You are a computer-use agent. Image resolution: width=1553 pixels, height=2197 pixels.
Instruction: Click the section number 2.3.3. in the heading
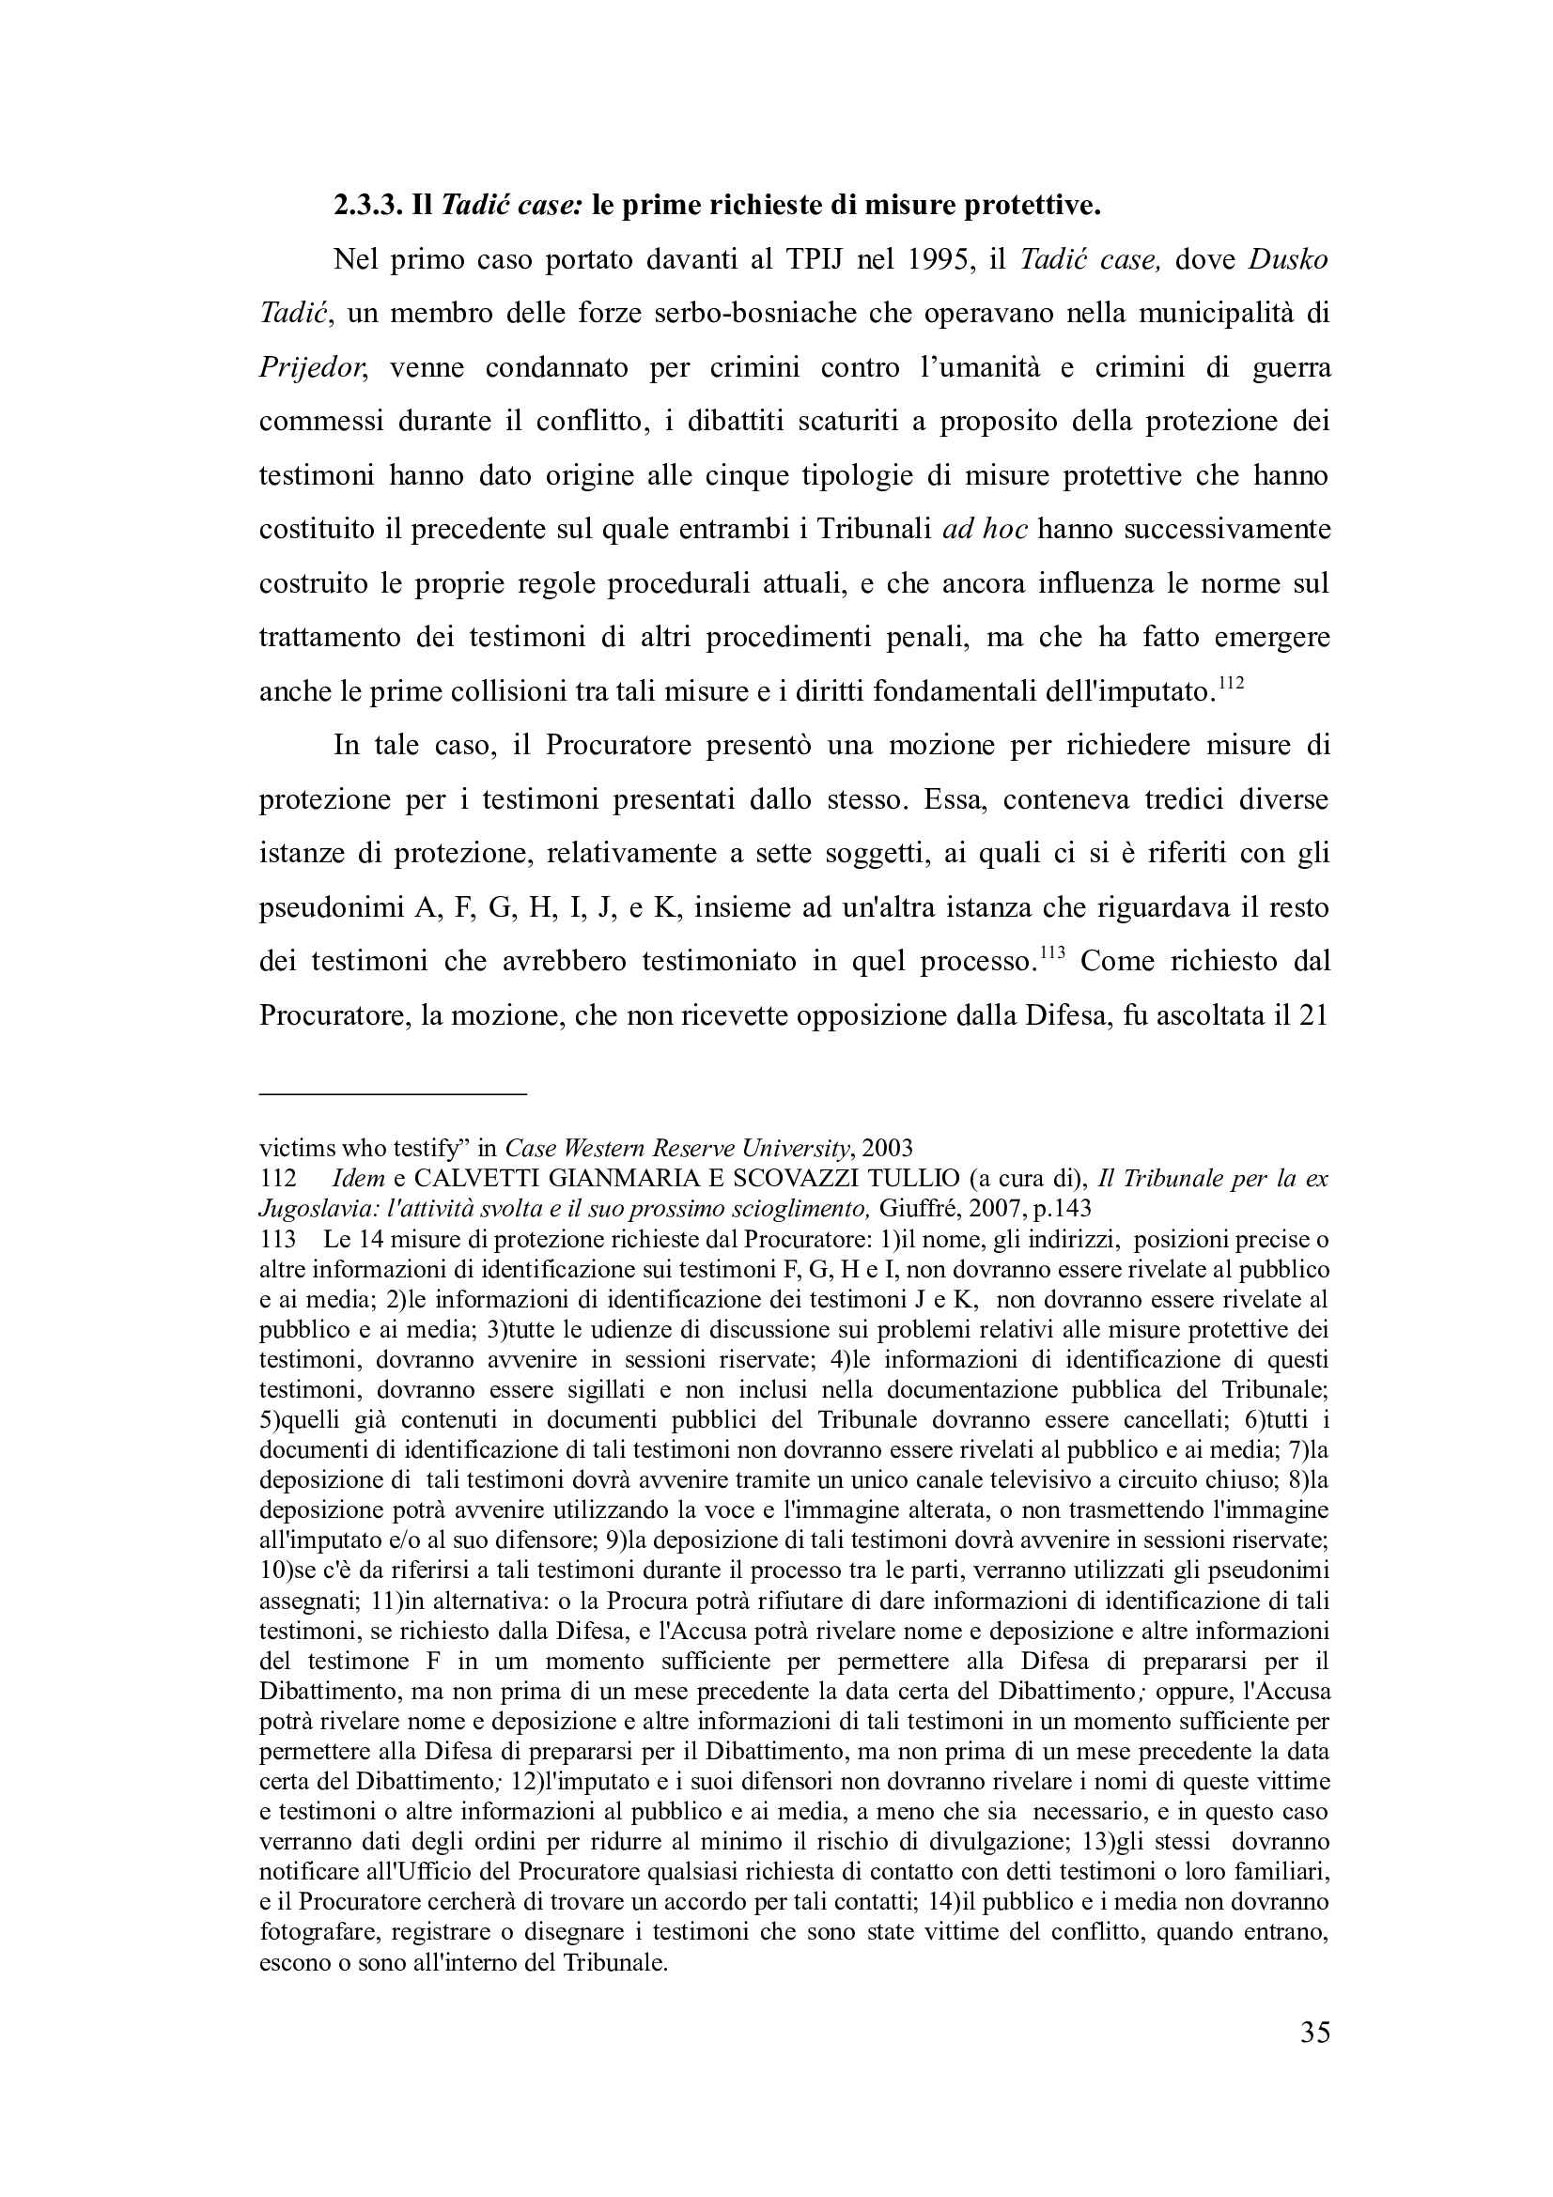click(x=367, y=206)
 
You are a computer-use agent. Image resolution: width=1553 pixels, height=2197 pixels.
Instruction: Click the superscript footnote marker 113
click(x=1051, y=953)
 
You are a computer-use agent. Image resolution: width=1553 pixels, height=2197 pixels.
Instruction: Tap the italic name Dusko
click(x=1288, y=260)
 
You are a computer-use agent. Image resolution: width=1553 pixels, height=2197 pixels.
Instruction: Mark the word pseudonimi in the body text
click(x=331, y=908)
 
